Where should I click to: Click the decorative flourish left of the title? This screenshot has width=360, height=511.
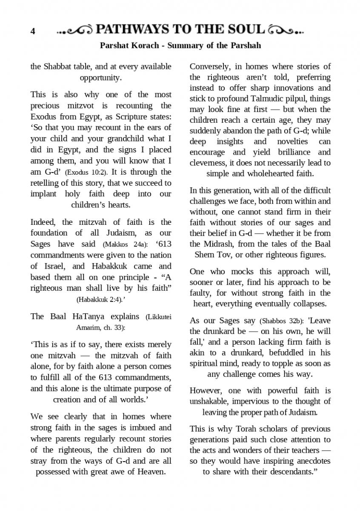75,30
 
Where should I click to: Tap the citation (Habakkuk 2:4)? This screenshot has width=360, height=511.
100,299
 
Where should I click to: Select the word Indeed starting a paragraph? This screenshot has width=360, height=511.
44,222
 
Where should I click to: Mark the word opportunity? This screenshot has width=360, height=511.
101,78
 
